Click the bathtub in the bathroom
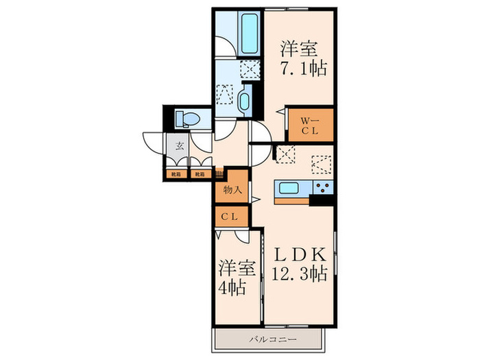[x=248, y=34]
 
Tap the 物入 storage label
[x=232, y=190]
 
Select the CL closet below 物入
[x=230, y=217]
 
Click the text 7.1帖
[x=302, y=68]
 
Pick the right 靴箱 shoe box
[x=200, y=174]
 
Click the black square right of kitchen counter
[x=320, y=200]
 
